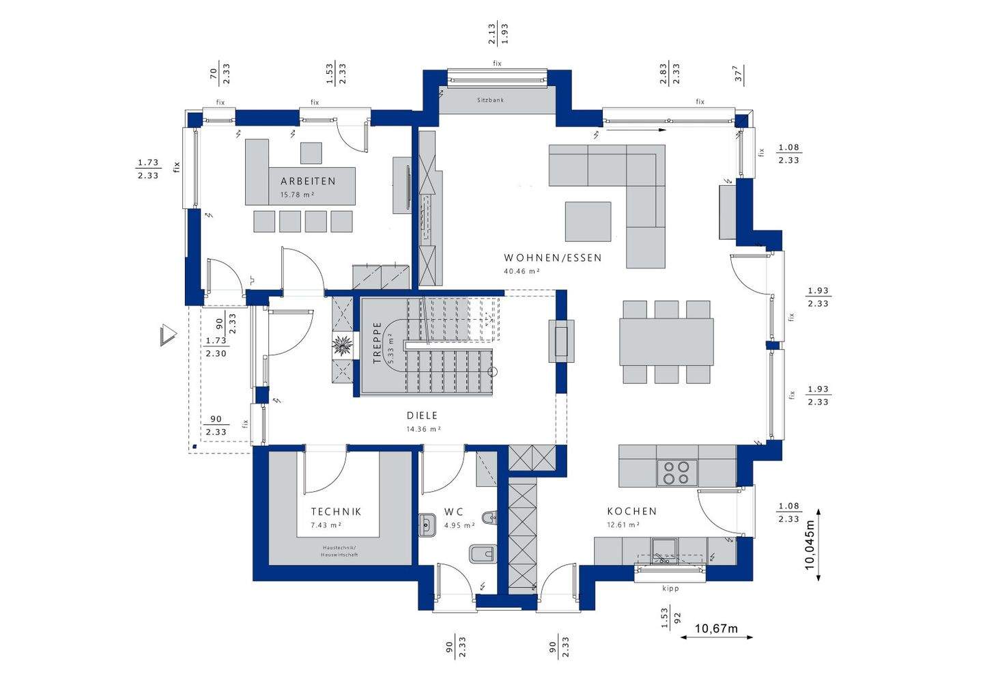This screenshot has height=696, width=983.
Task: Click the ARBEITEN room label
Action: (x=308, y=181)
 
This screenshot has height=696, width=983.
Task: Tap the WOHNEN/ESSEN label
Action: (x=552, y=257)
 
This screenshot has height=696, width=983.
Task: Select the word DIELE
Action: (x=422, y=415)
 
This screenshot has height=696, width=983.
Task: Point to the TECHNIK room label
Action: (x=336, y=512)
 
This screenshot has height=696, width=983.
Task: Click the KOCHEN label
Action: (x=632, y=511)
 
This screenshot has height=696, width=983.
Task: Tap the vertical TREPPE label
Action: (x=377, y=342)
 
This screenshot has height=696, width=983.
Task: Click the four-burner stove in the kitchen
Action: (x=676, y=473)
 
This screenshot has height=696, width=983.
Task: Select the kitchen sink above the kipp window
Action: (x=664, y=552)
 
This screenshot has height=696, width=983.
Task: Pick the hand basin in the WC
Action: (x=427, y=525)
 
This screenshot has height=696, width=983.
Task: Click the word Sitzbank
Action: (x=491, y=100)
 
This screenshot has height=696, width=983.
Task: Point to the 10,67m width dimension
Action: (x=716, y=629)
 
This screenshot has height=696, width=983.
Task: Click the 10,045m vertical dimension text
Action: (x=810, y=544)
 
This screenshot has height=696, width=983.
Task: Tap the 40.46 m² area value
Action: (x=522, y=271)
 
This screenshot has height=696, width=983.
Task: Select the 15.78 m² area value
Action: (x=297, y=195)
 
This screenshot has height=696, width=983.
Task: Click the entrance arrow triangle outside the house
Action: (x=169, y=335)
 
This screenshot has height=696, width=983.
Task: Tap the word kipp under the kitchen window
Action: (x=670, y=588)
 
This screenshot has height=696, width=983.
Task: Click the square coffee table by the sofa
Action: (x=588, y=221)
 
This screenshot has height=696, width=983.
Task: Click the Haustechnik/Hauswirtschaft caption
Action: (x=339, y=551)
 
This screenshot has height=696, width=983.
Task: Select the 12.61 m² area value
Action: (x=624, y=525)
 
